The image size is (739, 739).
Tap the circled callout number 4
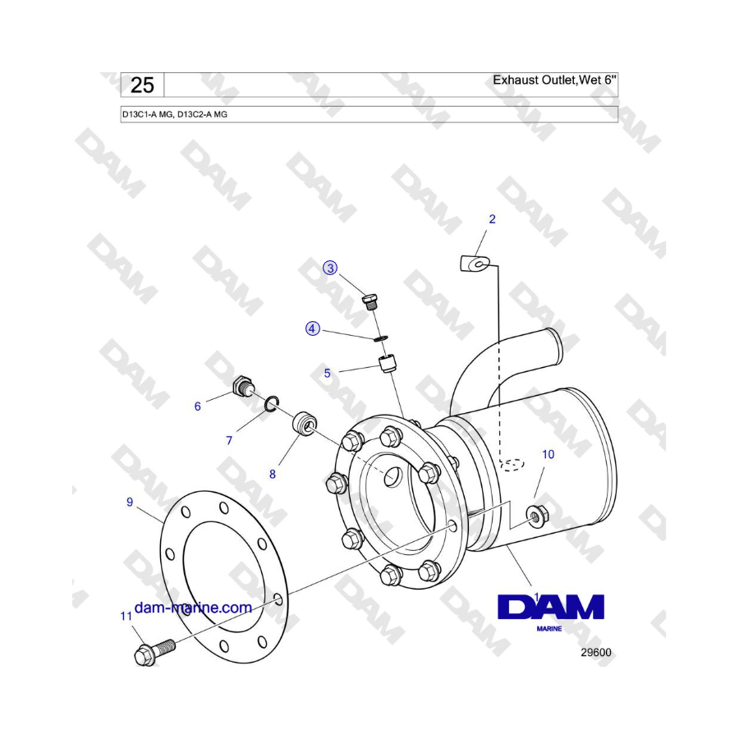pyautogui.click(x=312, y=328)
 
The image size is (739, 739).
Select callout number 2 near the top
pyautogui.click(x=492, y=219)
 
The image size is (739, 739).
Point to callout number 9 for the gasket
pyautogui.click(x=130, y=503)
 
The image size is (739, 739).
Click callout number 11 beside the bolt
pyautogui.click(x=126, y=615)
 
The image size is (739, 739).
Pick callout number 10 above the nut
pyautogui.click(x=548, y=453)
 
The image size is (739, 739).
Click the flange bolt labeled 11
pyautogui.click(x=152, y=652)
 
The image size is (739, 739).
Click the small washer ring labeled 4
pyautogui.click(x=380, y=337)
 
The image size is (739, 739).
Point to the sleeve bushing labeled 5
pyautogui.click(x=388, y=362)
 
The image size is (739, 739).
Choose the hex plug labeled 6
pyautogui.click(x=243, y=385)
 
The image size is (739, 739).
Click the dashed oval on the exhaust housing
pyautogui.click(x=512, y=465)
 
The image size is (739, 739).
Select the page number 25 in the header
pyautogui.click(x=142, y=85)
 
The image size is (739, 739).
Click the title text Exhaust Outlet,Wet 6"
pyautogui.click(x=554, y=80)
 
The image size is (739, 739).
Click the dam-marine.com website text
pyautogui.click(x=192, y=608)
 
